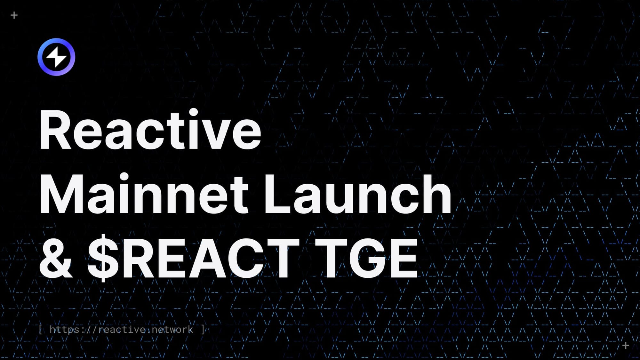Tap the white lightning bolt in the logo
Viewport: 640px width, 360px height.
(56, 57)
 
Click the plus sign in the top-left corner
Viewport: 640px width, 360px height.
(14, 15)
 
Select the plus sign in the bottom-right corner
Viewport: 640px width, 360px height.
(626, 346)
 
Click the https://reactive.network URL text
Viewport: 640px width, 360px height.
(121, 330)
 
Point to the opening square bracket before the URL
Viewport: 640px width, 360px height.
(40, 330)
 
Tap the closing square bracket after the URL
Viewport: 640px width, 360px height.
(203, 330)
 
